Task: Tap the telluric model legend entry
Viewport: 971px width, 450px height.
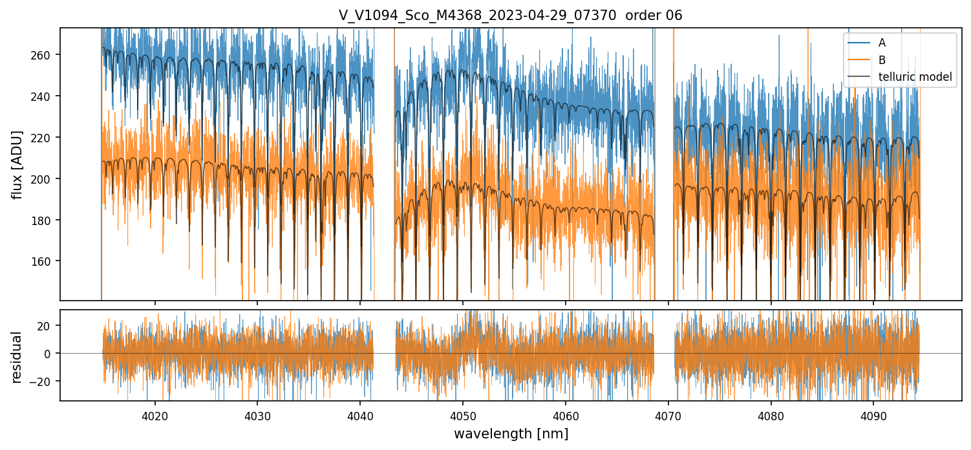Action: click(915, 77)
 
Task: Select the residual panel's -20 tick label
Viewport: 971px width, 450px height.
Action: click(43, 381)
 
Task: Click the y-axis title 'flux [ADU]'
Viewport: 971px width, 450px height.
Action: click(17, 164)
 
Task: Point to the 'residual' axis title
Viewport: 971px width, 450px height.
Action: click(17, 357)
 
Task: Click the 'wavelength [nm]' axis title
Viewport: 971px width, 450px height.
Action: click(511, 434)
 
